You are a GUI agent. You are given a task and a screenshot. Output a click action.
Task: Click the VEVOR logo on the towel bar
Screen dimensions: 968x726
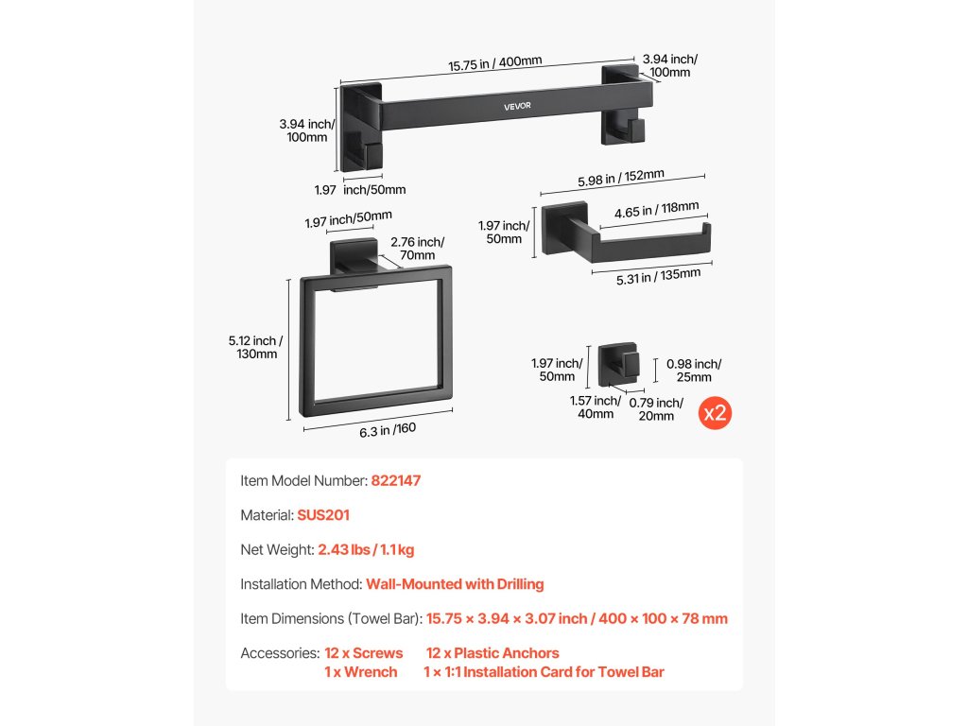[x=517, y=105]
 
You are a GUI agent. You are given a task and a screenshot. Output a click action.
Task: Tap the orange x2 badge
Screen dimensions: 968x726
[x=715, y=413]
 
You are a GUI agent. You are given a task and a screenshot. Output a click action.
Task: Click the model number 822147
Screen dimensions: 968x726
[x=395, y=480]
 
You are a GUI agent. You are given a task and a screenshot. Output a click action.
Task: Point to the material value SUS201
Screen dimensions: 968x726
[x=323, y=515]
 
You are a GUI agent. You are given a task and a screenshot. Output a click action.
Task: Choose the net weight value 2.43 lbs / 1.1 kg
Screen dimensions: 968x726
[x=366, y=549]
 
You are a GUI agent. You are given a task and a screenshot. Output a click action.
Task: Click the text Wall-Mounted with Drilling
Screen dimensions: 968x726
[x=455, y=584]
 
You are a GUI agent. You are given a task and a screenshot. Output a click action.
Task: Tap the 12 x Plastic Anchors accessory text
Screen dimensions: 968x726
[x=493, y=653]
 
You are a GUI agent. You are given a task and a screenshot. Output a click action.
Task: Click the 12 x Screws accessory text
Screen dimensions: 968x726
[x=363, y=653]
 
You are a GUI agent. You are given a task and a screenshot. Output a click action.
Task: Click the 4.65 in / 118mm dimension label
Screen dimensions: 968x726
[x=656, y=211]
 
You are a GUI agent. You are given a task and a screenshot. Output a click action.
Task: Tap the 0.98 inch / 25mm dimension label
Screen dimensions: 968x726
[x=694, y=371]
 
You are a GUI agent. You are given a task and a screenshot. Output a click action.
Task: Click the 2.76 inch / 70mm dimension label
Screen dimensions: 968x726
[x=416, y=249]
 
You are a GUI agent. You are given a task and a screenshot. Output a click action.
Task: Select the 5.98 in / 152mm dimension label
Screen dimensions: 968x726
[x=621, y=176]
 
